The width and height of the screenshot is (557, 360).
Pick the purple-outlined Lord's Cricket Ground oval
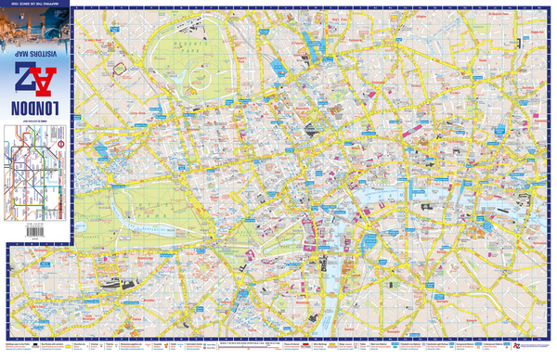pyautogui.click(x=119, y=70)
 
